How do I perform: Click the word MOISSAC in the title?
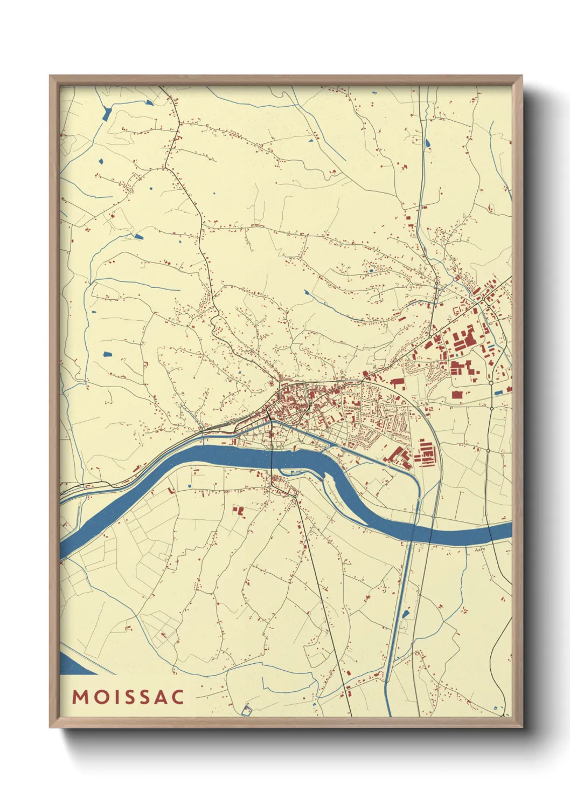coord(128,697)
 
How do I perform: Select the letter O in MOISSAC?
coord(99,697)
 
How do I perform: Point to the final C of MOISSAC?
coord(178,697)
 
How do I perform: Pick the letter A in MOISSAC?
coord(160,697)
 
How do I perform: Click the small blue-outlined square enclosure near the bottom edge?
coord(247,711)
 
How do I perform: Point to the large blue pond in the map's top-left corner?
coord(107,113)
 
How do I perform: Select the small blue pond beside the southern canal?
coord(405,613)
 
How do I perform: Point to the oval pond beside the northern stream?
coord(428,143)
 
